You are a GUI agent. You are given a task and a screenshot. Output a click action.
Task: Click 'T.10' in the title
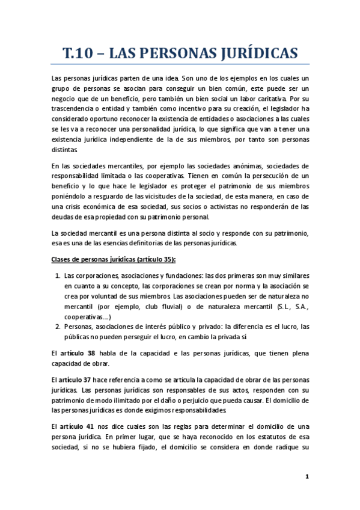(83, 53)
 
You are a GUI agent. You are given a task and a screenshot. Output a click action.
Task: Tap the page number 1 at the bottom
(307, 477)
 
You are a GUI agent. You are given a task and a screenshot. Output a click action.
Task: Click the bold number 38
(89, 353)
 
